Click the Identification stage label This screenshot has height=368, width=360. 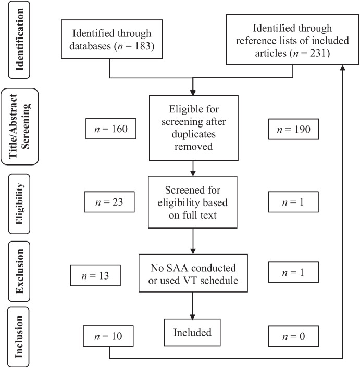[x=21, y=42]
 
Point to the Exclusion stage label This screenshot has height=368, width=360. [x=21, y=272]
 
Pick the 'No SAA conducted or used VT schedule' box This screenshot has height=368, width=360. [x=193, y=275]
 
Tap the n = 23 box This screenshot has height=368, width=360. [x=110, y=202]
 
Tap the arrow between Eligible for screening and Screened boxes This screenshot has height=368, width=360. [x=193, y=168]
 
